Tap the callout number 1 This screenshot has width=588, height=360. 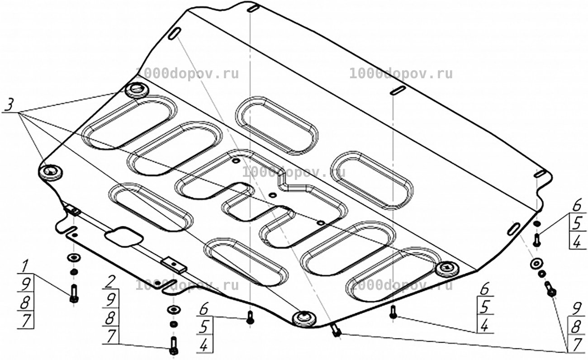25,266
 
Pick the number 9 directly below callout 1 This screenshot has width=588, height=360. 26,284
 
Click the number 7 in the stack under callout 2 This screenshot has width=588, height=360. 111,336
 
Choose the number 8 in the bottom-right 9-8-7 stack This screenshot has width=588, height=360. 576,328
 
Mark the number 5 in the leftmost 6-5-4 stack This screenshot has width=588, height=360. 204,327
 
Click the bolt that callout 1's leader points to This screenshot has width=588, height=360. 74,294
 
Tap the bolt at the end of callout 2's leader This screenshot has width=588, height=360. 174,346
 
